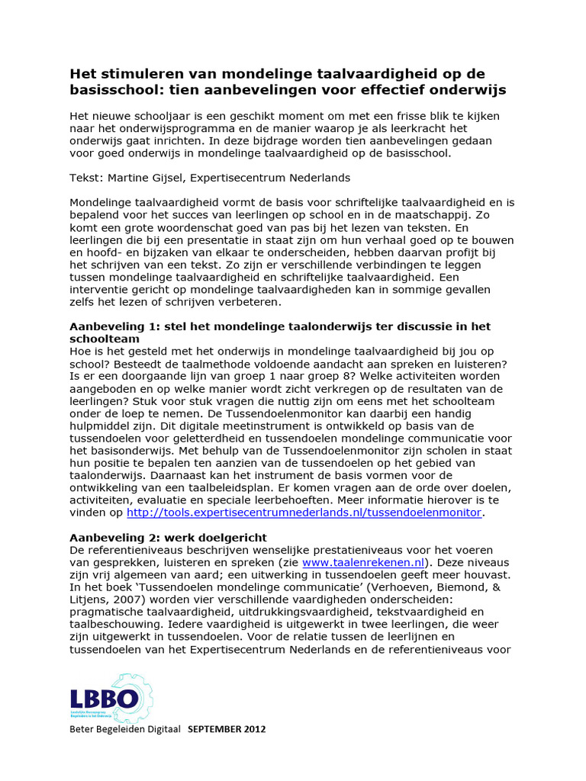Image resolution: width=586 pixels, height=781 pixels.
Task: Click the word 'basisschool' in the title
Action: coord(114,90)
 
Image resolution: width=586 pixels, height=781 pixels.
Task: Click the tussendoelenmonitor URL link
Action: coord(304,513)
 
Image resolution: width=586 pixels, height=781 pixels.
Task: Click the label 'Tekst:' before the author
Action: coord(87,178)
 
